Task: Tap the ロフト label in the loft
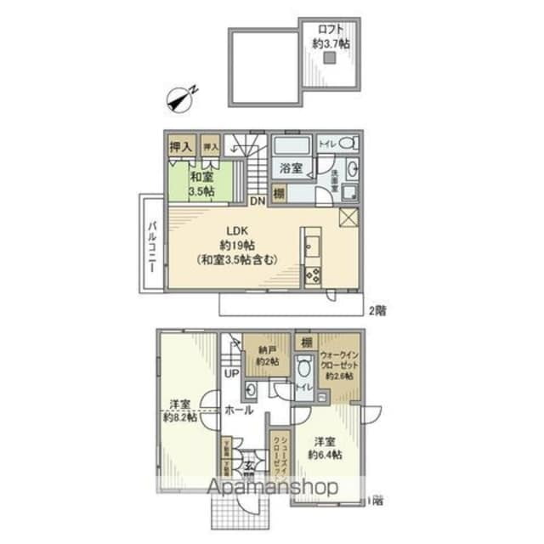click(331, 28)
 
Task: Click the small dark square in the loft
click(331, 58)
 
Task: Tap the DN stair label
click(258, 201)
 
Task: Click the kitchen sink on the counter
click(310, 247)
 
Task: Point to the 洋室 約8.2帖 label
click(179, 410)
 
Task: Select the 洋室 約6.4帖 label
click(325, 447)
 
